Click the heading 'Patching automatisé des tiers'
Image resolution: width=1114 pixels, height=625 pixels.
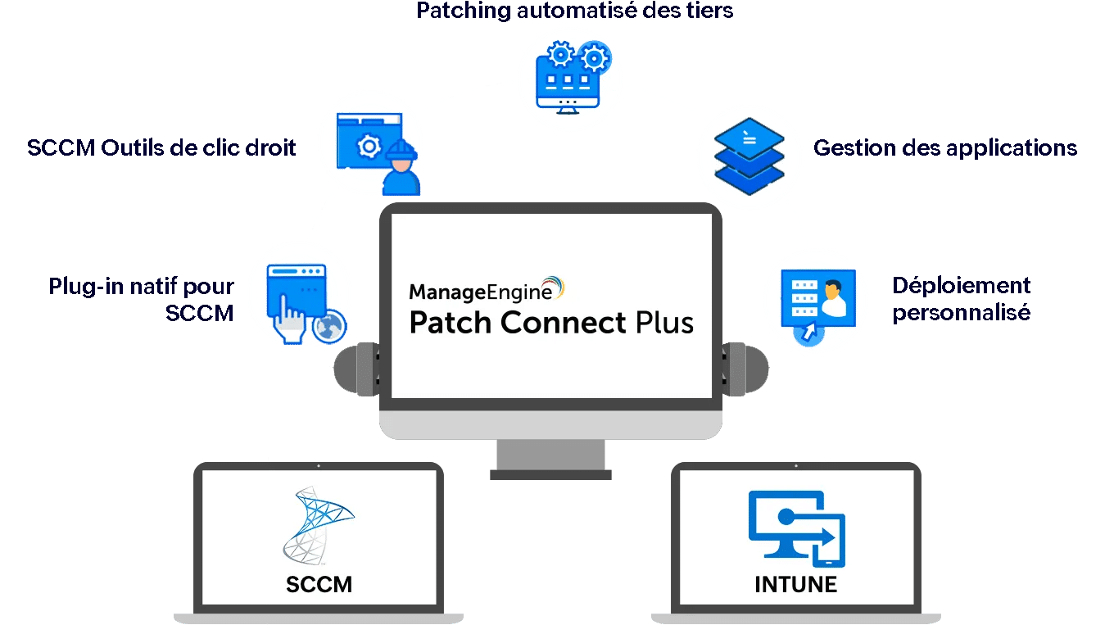point(574,11)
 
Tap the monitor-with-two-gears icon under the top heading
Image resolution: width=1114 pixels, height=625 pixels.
point(573,77)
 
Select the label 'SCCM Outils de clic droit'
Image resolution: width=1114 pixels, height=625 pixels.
point(161,147)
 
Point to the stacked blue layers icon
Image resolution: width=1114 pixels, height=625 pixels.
point(749,156)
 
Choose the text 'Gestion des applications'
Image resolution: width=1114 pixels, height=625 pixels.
point(945,148)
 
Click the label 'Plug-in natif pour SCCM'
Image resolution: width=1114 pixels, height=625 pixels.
point(141,299)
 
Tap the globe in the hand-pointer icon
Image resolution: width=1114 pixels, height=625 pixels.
point(329,327)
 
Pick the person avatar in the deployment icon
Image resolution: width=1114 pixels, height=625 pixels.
point(833,298)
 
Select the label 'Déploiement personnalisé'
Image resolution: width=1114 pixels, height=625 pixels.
point(962,299)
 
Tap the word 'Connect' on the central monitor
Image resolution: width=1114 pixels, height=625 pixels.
point(563,323)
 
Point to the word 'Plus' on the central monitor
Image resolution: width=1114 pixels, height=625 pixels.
point(664,323)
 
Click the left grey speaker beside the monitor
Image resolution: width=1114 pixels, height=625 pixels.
point(356,369)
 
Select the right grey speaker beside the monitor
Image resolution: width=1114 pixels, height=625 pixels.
point(745,369)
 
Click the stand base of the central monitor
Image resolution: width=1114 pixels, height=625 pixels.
point(550,475)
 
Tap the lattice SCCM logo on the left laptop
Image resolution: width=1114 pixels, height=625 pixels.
point(318,526)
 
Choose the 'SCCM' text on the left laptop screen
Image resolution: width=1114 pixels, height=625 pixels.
point(319,585)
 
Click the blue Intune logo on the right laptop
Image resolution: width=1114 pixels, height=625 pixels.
point(797,529)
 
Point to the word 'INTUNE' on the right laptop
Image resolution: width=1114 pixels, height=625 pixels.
point(795,585)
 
